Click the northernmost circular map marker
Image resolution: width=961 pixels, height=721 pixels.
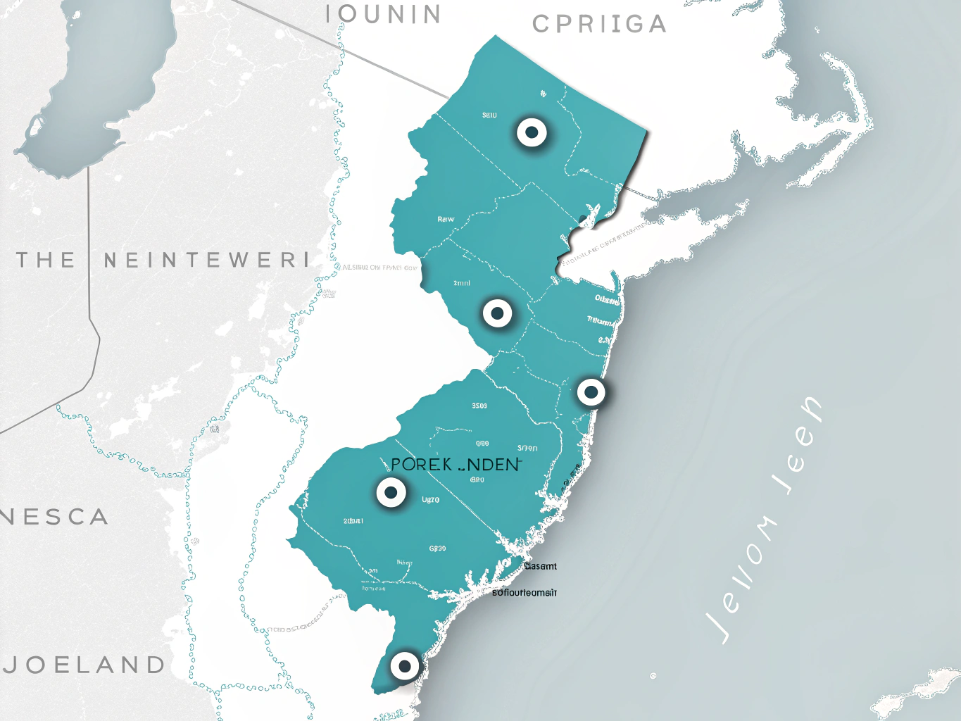tap(532, 132)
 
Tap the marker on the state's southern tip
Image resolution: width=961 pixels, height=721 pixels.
tap(404, 665)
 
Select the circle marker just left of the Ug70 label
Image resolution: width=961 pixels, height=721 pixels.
tap(391, 493)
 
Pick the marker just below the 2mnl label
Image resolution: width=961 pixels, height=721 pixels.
tap(497, 313)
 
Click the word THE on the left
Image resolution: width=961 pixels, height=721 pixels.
tap(46, 260)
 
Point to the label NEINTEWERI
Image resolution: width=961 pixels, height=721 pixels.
tap(206, 260)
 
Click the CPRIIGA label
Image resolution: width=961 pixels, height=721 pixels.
tap(599, 24)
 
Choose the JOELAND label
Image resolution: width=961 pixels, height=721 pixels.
tap(85, 664)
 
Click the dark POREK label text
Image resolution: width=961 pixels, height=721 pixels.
tap(421, 465)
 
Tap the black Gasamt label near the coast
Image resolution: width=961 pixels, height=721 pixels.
tap(540, 566)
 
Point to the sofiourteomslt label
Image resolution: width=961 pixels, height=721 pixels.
tap(525, 593)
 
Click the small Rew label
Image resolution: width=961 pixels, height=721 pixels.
tap(446, 219)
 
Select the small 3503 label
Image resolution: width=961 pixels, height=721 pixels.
tap(479, 406)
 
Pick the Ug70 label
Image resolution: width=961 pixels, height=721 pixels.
tap(430, 500)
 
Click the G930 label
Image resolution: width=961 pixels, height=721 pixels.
tap(437, 548)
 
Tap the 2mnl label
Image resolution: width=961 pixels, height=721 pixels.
tap(462, 283)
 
